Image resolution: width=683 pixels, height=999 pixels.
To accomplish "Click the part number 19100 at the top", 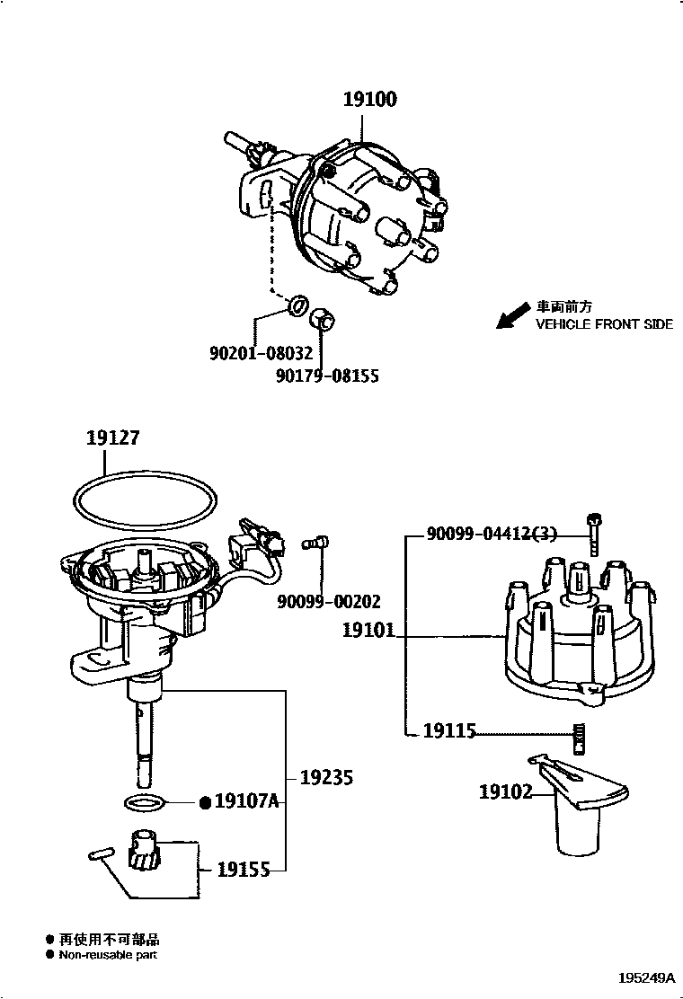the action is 369,100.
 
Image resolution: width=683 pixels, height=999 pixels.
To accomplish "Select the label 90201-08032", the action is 262,353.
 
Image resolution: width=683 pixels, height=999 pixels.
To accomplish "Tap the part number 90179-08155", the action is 327,376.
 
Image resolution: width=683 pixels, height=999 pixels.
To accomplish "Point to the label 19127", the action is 112,438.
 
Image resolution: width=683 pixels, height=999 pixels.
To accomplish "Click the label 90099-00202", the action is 328,601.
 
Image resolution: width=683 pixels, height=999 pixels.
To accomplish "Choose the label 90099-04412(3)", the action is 492,534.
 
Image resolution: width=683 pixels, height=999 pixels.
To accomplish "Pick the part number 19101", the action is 368,630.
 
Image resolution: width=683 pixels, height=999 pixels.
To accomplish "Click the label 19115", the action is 449,730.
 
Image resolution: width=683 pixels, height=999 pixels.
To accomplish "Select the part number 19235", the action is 326,777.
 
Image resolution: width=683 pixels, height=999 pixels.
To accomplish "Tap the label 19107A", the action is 246,800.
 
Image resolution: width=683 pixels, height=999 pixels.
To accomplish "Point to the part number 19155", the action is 244,869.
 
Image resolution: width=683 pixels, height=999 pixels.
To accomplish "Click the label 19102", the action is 505,792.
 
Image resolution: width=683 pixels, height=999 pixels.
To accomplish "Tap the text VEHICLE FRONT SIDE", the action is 604,324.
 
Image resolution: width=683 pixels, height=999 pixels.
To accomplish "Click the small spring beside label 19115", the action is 579,738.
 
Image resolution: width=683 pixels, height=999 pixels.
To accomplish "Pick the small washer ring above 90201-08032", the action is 297,305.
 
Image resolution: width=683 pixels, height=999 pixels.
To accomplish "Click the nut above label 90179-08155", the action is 323,319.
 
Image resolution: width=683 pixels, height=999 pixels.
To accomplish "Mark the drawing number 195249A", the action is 645,978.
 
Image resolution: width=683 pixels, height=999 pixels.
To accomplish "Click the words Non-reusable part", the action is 108,954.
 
